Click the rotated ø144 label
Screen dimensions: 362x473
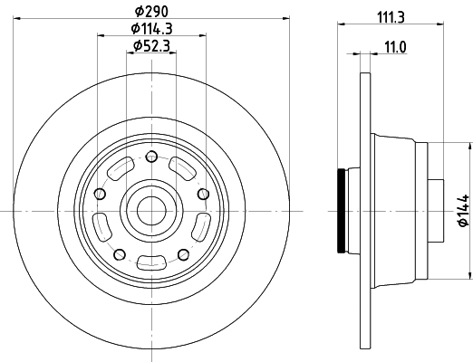coord(461,210)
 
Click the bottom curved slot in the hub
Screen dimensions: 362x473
coord(150,262)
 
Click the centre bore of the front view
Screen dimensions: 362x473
coord(150,211)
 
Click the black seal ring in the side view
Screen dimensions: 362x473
coord(342,211)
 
